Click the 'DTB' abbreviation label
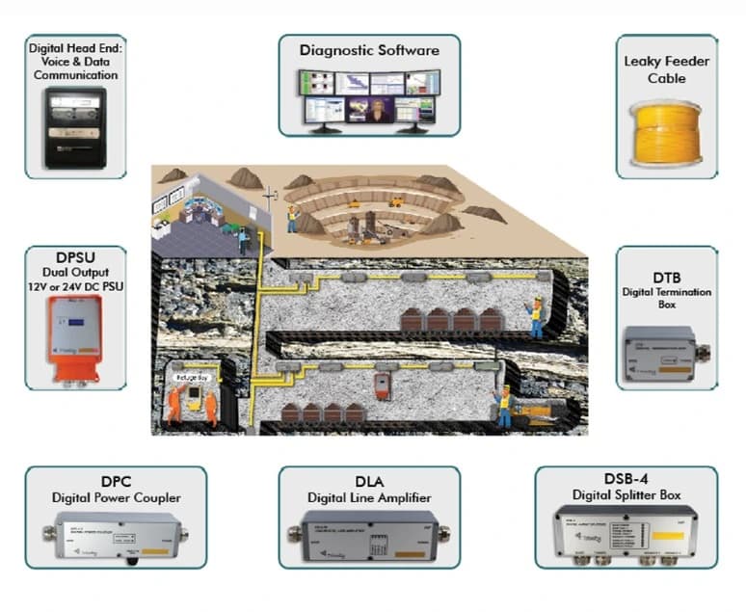[x=666, y=278]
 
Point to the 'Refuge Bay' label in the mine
[x=191, y=379]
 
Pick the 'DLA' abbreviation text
[x=369, y=481]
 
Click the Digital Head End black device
[x=74, y=127]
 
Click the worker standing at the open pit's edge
[x=292, y=216]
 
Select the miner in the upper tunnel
[x=536, y=317]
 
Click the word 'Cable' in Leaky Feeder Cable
[x=667, y=79]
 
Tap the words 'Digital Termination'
[x=667, y=293]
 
